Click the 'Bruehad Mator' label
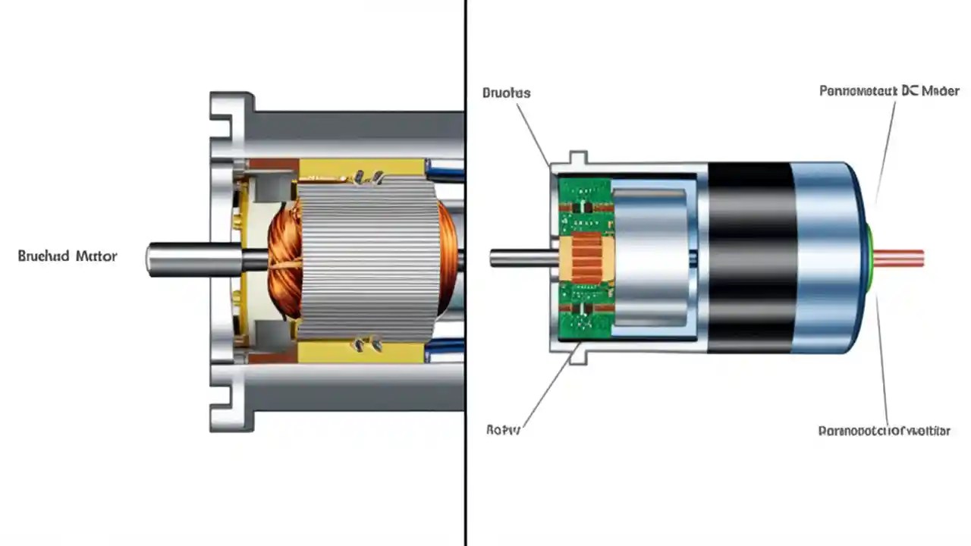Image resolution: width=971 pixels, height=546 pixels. coord(68,256)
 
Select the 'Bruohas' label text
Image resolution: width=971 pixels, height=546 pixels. coord(506,93)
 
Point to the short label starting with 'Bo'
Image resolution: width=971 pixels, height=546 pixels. coord(503,430)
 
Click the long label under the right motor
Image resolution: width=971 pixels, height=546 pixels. coord(884,431)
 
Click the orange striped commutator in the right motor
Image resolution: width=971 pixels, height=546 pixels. coord(585,258)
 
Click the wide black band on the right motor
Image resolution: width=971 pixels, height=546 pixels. coord(751,258)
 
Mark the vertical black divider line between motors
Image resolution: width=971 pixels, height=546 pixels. coord(464,455)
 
